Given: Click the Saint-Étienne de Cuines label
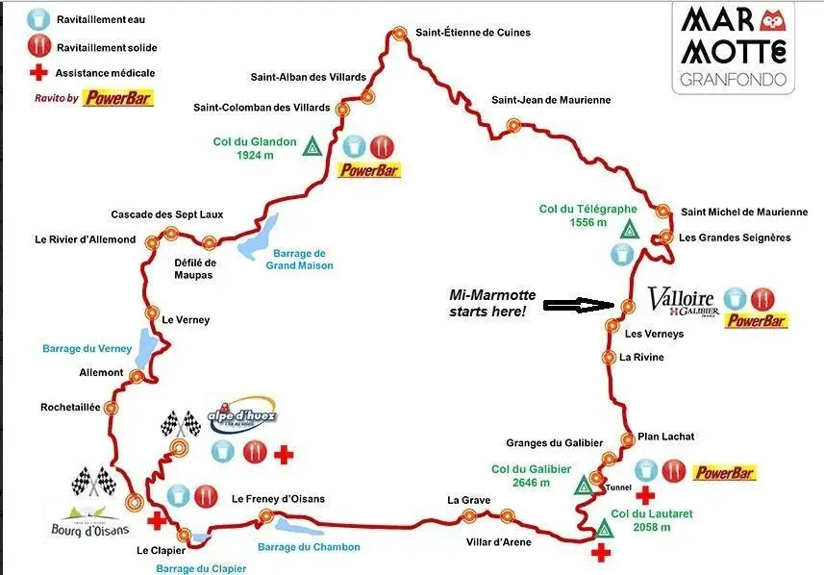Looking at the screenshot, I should pyautogui.click(x=472, y=33).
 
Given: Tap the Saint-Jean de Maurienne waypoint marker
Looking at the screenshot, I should pyautogui.click(x=514, y=124).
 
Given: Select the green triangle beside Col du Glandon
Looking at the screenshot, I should pyautogui.click(x=312, y=147).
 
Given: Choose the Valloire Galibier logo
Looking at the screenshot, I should pyautogui.click(x=682, y=301).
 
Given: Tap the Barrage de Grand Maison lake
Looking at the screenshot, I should pyautogui.click(x=258, y=240).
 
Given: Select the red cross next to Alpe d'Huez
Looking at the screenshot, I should pyautogui.click(x=283, y=453).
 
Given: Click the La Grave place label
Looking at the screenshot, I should pyautogui.click(x=469, y=500).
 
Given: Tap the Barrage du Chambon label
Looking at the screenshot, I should pyautogui.click(x=309, y=547).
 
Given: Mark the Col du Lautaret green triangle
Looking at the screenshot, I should pyautogui.click(x=604, y=529).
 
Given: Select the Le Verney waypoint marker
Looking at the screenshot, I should pyautogui.click(x=152, y=312).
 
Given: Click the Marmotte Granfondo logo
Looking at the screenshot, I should pyautogui.click(x=735, y=46).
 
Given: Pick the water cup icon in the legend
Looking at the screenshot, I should pyautogui.click(x=38, y=19).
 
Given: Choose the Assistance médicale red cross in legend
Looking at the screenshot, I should pyautogui.click(x=37, y=73).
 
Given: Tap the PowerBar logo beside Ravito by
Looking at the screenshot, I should pyautogui.click(x=117, y=98).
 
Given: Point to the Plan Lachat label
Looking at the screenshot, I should pyautogui.click(x=665, y=437).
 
